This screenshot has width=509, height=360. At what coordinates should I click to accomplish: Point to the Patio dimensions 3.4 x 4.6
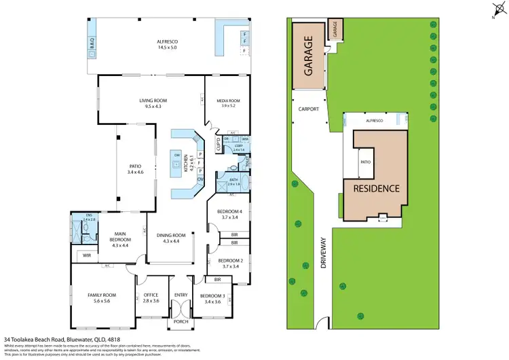[x=134, y=172]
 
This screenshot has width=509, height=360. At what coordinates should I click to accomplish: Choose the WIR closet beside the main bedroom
[x=85, y=255]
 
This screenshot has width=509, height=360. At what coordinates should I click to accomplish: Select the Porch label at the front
[x=181, y=321]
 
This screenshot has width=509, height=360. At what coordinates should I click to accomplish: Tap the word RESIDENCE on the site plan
[x=375, y=188]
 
